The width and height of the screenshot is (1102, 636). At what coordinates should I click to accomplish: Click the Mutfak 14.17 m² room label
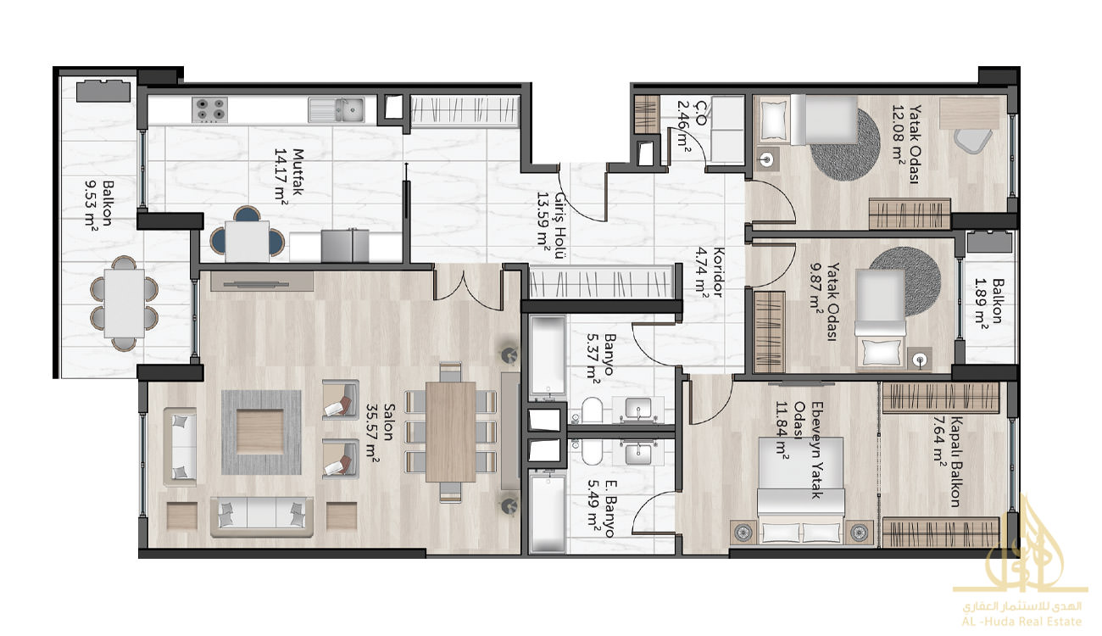(x=290, y=175)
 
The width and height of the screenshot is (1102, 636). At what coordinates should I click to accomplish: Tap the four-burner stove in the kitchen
(x=209, y=109)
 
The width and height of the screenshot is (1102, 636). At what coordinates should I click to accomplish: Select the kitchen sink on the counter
(x=337, y=109)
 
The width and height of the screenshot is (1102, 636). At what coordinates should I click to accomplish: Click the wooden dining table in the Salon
(x=450, y=432)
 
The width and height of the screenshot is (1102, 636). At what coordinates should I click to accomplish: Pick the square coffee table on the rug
(x=259, y=432)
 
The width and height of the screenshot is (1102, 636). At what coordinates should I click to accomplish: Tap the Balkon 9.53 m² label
(x=100, y=203)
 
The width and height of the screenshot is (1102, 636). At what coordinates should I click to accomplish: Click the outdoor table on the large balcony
(x=124, y=304)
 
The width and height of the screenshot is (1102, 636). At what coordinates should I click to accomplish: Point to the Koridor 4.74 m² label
(x=711, y=272)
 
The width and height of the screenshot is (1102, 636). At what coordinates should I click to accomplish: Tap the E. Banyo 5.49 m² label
(x=601, y=509)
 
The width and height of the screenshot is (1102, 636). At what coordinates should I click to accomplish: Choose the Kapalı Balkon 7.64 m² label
(x=947, y=462)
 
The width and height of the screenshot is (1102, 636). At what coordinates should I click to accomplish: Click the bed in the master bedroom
(x=801, y=492)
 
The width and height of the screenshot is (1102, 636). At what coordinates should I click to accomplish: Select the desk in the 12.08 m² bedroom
(x=969, y=114)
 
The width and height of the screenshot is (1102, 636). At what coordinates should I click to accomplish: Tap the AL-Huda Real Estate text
(x=1021, y=622)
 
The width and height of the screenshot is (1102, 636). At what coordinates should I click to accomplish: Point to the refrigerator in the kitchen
(x=345, y=246)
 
